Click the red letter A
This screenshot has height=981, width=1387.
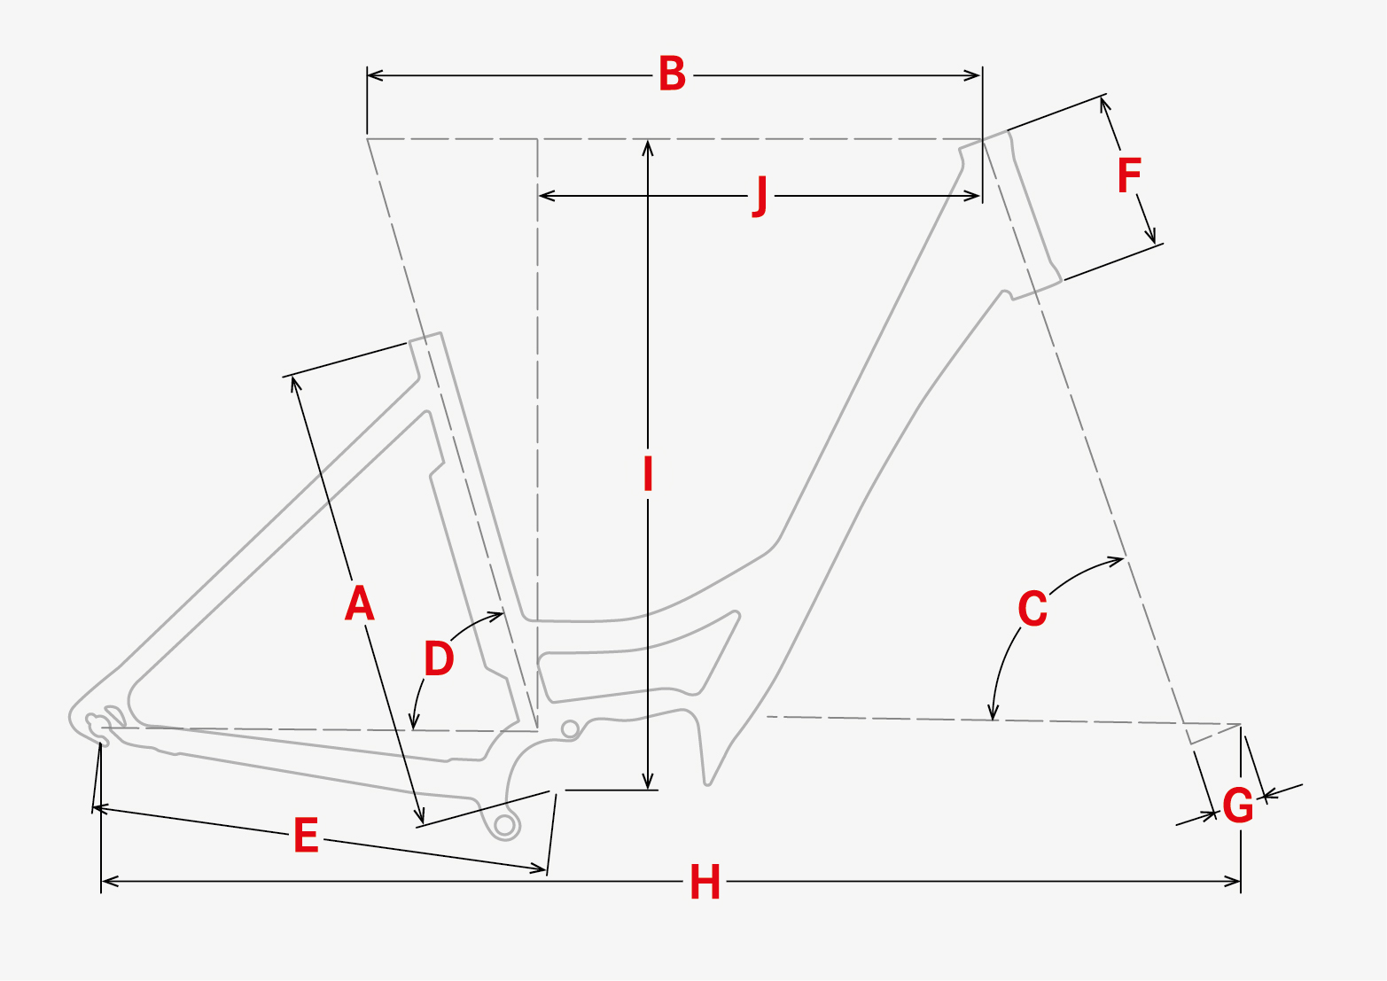(360, 603)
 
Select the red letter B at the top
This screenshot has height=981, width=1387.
(673, 74)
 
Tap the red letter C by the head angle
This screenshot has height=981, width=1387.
(1032, 608)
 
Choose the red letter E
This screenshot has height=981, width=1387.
(306, 835)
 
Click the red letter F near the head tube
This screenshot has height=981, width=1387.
(1129, 175)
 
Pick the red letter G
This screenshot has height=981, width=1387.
(1238, 806)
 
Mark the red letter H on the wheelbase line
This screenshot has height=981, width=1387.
(705, 882)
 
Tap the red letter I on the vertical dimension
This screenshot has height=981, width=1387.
(648, 474)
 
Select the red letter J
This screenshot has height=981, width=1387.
(761, 196)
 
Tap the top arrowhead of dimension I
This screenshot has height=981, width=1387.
(648, 147)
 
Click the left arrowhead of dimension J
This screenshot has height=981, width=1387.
(546, 196)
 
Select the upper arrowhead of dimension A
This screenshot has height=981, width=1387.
(295, 384)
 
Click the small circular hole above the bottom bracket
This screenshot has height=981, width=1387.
(570, 729)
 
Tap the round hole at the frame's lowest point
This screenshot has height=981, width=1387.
(505, 824)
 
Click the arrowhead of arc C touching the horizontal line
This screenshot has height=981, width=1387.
(993, 712)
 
